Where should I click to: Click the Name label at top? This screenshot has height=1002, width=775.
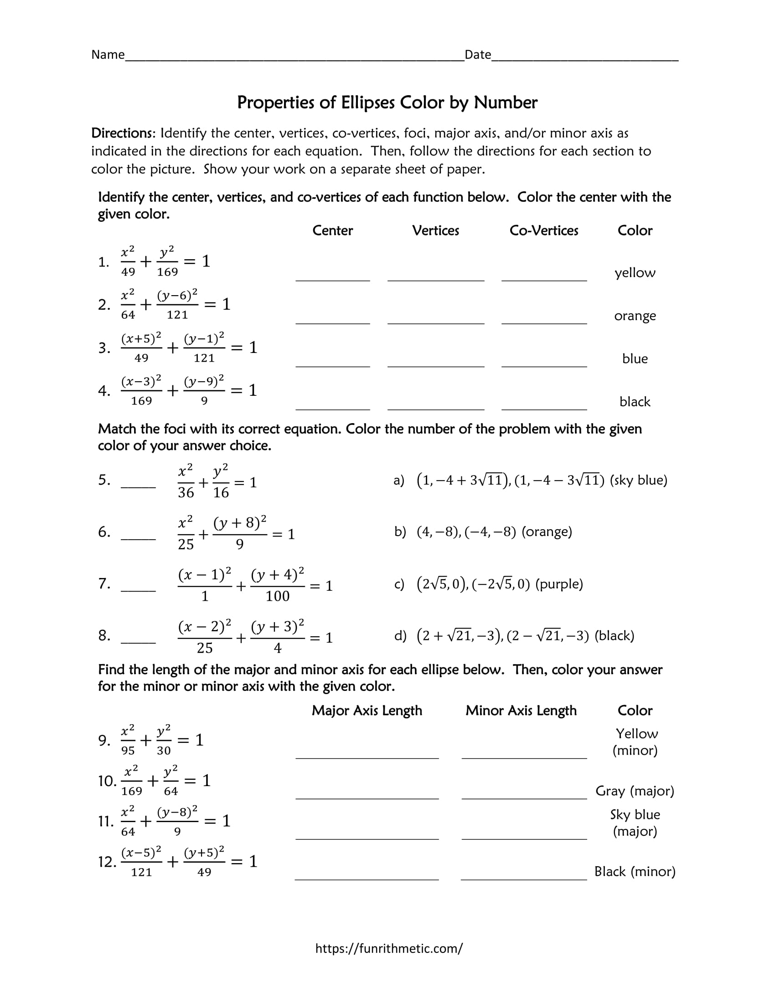(108, 55)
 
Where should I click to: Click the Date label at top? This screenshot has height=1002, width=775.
(477, 55)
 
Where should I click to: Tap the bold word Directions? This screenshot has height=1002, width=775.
(124, 133)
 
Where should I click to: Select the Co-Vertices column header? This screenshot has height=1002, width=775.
(543, 230)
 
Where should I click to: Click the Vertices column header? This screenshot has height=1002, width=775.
(435, 230)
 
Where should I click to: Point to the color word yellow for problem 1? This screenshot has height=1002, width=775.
(635, 272)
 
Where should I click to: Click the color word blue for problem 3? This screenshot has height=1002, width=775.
(635, 359)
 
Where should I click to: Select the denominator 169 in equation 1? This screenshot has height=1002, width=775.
(167, 272)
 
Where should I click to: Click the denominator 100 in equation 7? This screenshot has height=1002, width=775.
(277, 597)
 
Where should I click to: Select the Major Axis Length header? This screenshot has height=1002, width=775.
(367, 710)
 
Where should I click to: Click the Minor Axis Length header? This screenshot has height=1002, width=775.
(521, 710)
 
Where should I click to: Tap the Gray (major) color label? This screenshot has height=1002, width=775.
(635, 791)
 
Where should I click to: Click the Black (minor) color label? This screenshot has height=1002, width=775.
(635, 871)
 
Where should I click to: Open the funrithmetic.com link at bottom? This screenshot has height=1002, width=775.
(388, 948)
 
